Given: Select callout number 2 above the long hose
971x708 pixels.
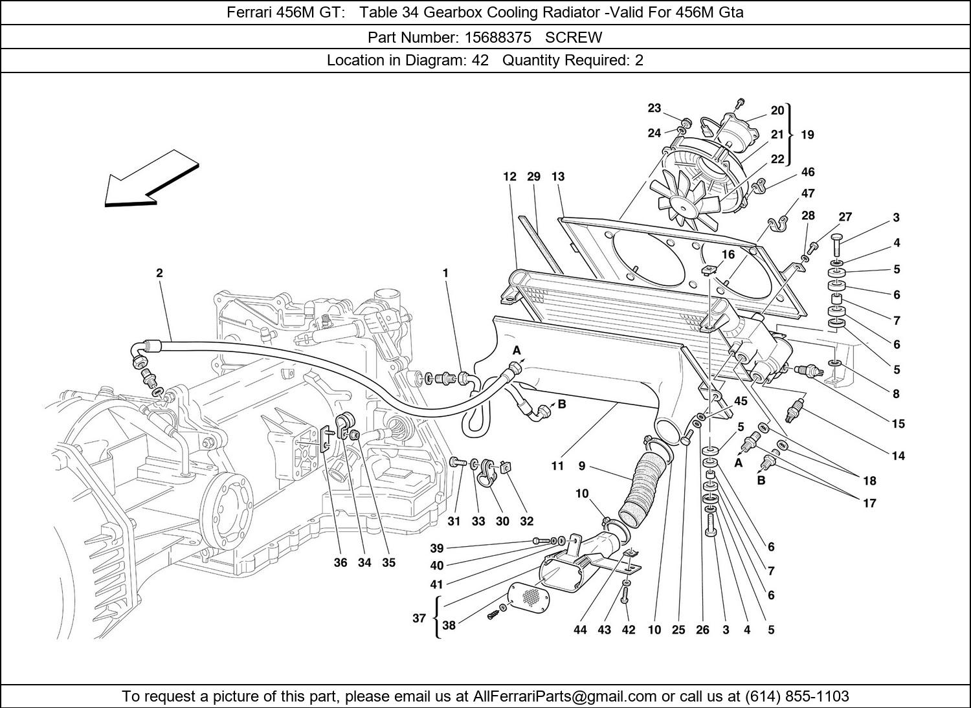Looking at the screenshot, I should [159, 273].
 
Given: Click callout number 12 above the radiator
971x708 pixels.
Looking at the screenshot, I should [509, 176].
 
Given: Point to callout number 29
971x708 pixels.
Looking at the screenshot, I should [533, 176].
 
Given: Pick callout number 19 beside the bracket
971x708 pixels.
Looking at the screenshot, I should [807, 135].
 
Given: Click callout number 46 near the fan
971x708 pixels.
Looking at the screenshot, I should [808, 171].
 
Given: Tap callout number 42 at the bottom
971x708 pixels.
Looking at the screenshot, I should [628, 630].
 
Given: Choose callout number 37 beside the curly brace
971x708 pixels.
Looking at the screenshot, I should [419, 618].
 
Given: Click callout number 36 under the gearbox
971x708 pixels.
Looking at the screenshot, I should [340, 562].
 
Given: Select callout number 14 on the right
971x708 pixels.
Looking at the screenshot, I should [898, 456].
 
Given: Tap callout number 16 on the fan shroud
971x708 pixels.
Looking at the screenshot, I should [728, 254].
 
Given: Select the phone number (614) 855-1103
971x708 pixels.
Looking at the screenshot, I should [798, 696].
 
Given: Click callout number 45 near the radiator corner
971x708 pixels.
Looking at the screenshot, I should [741, 401].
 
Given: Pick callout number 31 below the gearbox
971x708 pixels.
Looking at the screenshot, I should [454, 522].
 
